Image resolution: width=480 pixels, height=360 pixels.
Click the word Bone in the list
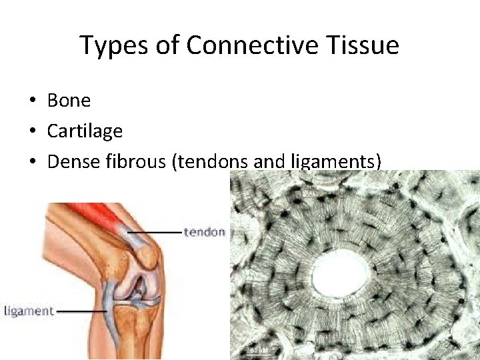(69, 101)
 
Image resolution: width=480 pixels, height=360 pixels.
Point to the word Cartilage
(85, 131)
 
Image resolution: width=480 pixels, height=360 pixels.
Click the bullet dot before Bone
(32, 101)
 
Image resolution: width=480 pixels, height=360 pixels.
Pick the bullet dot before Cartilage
(32, 131)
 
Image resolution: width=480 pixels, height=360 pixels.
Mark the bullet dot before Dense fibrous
(32, 161)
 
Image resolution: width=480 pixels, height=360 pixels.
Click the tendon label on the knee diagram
(205, 232)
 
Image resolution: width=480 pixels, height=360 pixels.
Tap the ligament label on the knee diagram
(28, 311)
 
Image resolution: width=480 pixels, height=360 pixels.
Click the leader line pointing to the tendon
(160, 232)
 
